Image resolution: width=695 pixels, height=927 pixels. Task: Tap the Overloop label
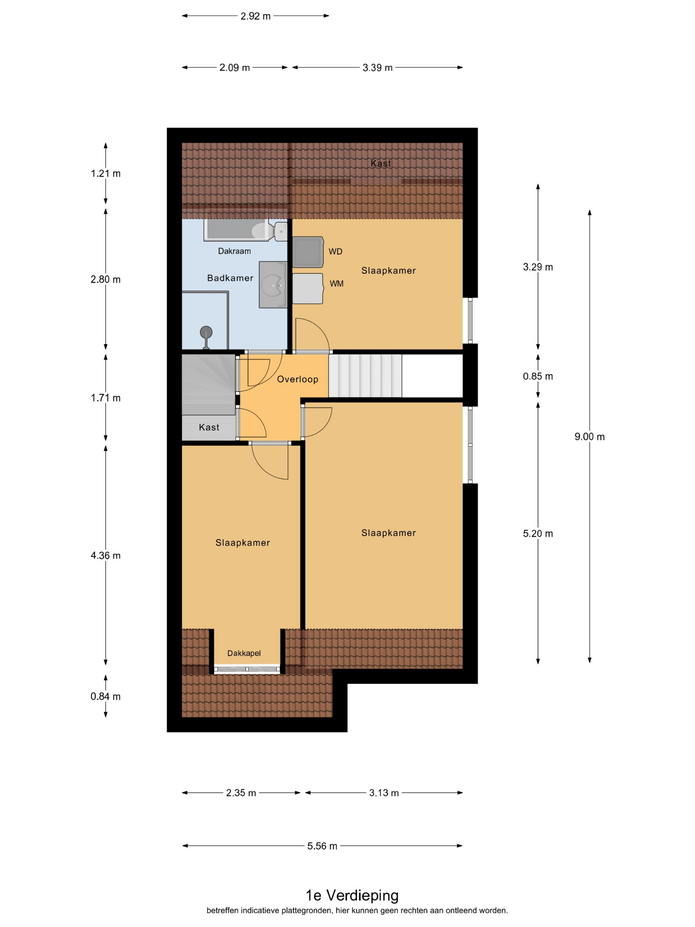(298, 379)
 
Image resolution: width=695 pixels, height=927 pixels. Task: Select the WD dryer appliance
(308, 252)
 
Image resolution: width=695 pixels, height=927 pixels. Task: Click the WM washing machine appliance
(308, 289)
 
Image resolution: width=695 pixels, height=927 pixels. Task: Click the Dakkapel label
(244, 653)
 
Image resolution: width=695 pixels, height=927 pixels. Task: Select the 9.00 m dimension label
(589, 437)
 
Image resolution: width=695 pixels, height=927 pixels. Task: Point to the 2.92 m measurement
(255, 16)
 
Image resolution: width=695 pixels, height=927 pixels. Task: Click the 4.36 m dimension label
(106, 556)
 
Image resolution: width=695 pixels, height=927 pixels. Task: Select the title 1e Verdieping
(352, 895)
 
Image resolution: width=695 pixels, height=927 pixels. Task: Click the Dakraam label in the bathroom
(234, 251)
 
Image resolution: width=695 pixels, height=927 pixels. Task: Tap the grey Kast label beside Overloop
(209, 427)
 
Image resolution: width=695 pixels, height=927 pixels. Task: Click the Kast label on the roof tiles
(381, 164)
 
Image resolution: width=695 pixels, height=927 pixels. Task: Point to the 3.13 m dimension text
(384, 793)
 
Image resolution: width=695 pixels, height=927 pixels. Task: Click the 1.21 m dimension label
(106, 173)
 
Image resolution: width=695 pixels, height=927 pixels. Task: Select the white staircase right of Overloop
(365, 376)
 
